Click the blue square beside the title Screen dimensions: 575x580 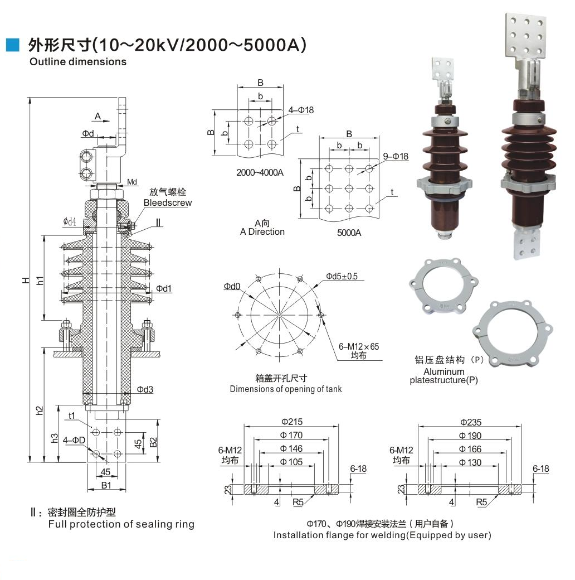[13, 45]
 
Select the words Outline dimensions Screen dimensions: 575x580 [78, 62]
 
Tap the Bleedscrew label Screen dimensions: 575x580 [167, 202]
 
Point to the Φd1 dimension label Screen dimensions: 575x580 [164, 288]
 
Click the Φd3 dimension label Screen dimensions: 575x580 [145, 389]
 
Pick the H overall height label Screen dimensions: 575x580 [26, 280]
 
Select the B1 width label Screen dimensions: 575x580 [106, 485]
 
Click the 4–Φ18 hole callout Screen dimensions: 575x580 [301, 110]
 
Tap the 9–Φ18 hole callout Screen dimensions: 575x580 [396, 157]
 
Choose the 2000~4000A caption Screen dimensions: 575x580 [260, 172]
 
